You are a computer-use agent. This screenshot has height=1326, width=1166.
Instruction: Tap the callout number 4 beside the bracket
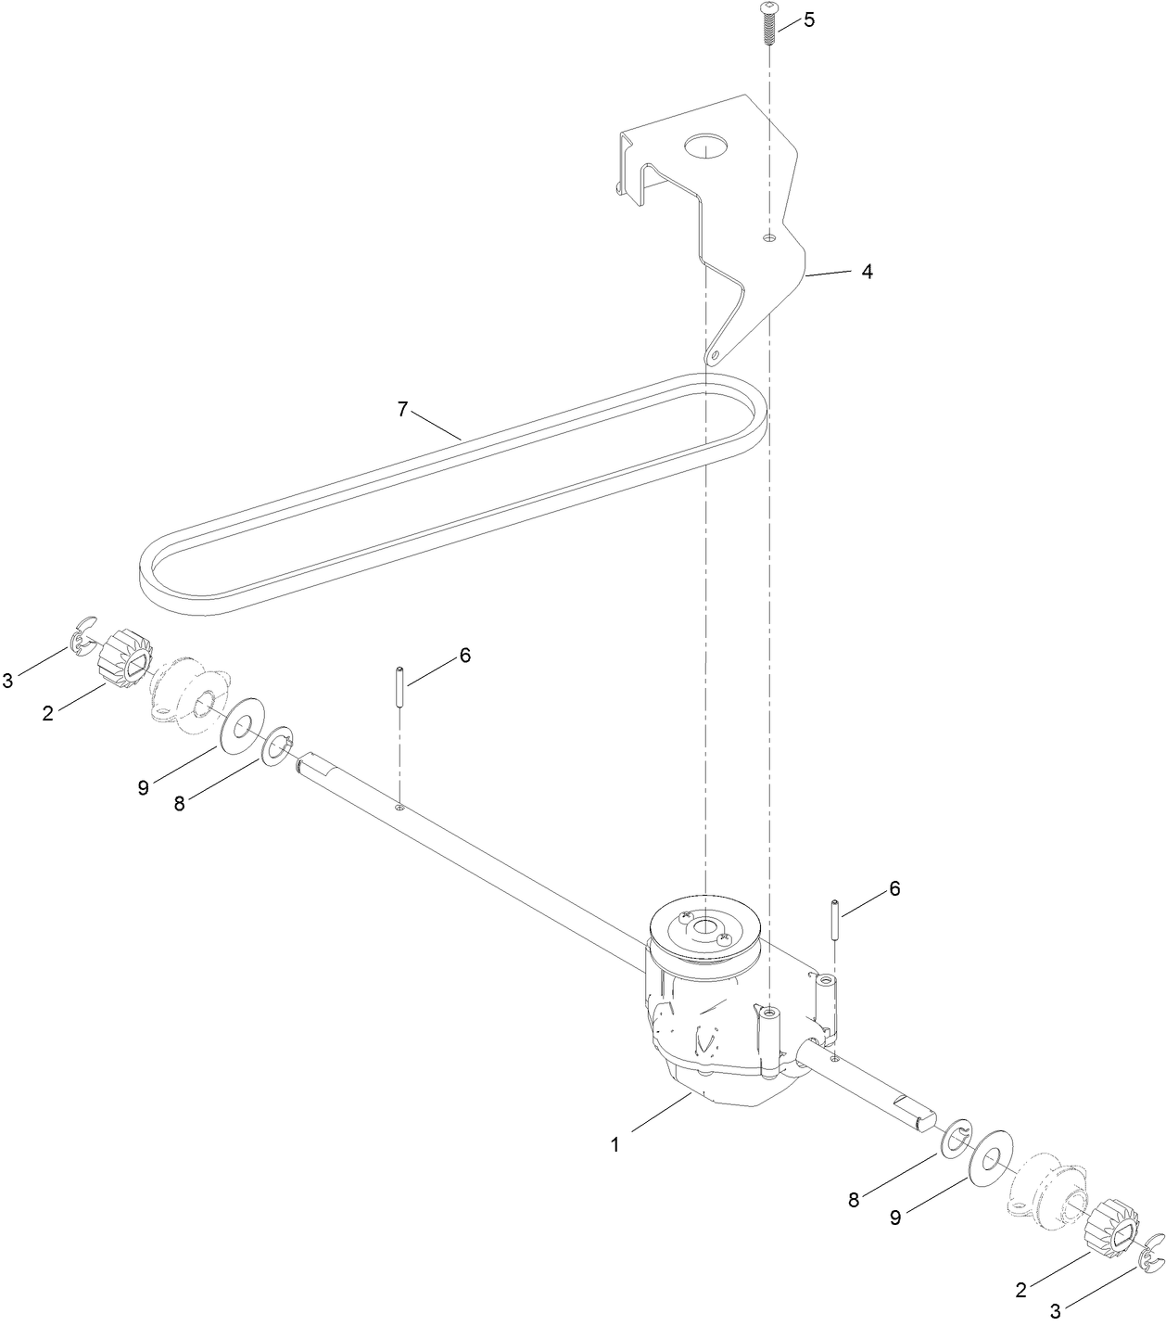point(867,272)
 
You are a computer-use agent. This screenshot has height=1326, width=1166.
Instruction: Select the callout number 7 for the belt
point(402,409)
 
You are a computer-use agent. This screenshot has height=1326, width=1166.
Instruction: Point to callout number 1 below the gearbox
point(614,1144)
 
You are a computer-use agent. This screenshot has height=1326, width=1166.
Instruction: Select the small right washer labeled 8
point(955,1136)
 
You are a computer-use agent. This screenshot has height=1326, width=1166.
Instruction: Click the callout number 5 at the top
point(809,20)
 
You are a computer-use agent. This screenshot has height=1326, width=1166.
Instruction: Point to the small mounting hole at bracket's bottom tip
point(714,356)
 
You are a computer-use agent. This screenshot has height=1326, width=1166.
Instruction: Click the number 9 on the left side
point(143,787)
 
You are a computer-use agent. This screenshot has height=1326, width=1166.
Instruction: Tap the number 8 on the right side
point(854,1199)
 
